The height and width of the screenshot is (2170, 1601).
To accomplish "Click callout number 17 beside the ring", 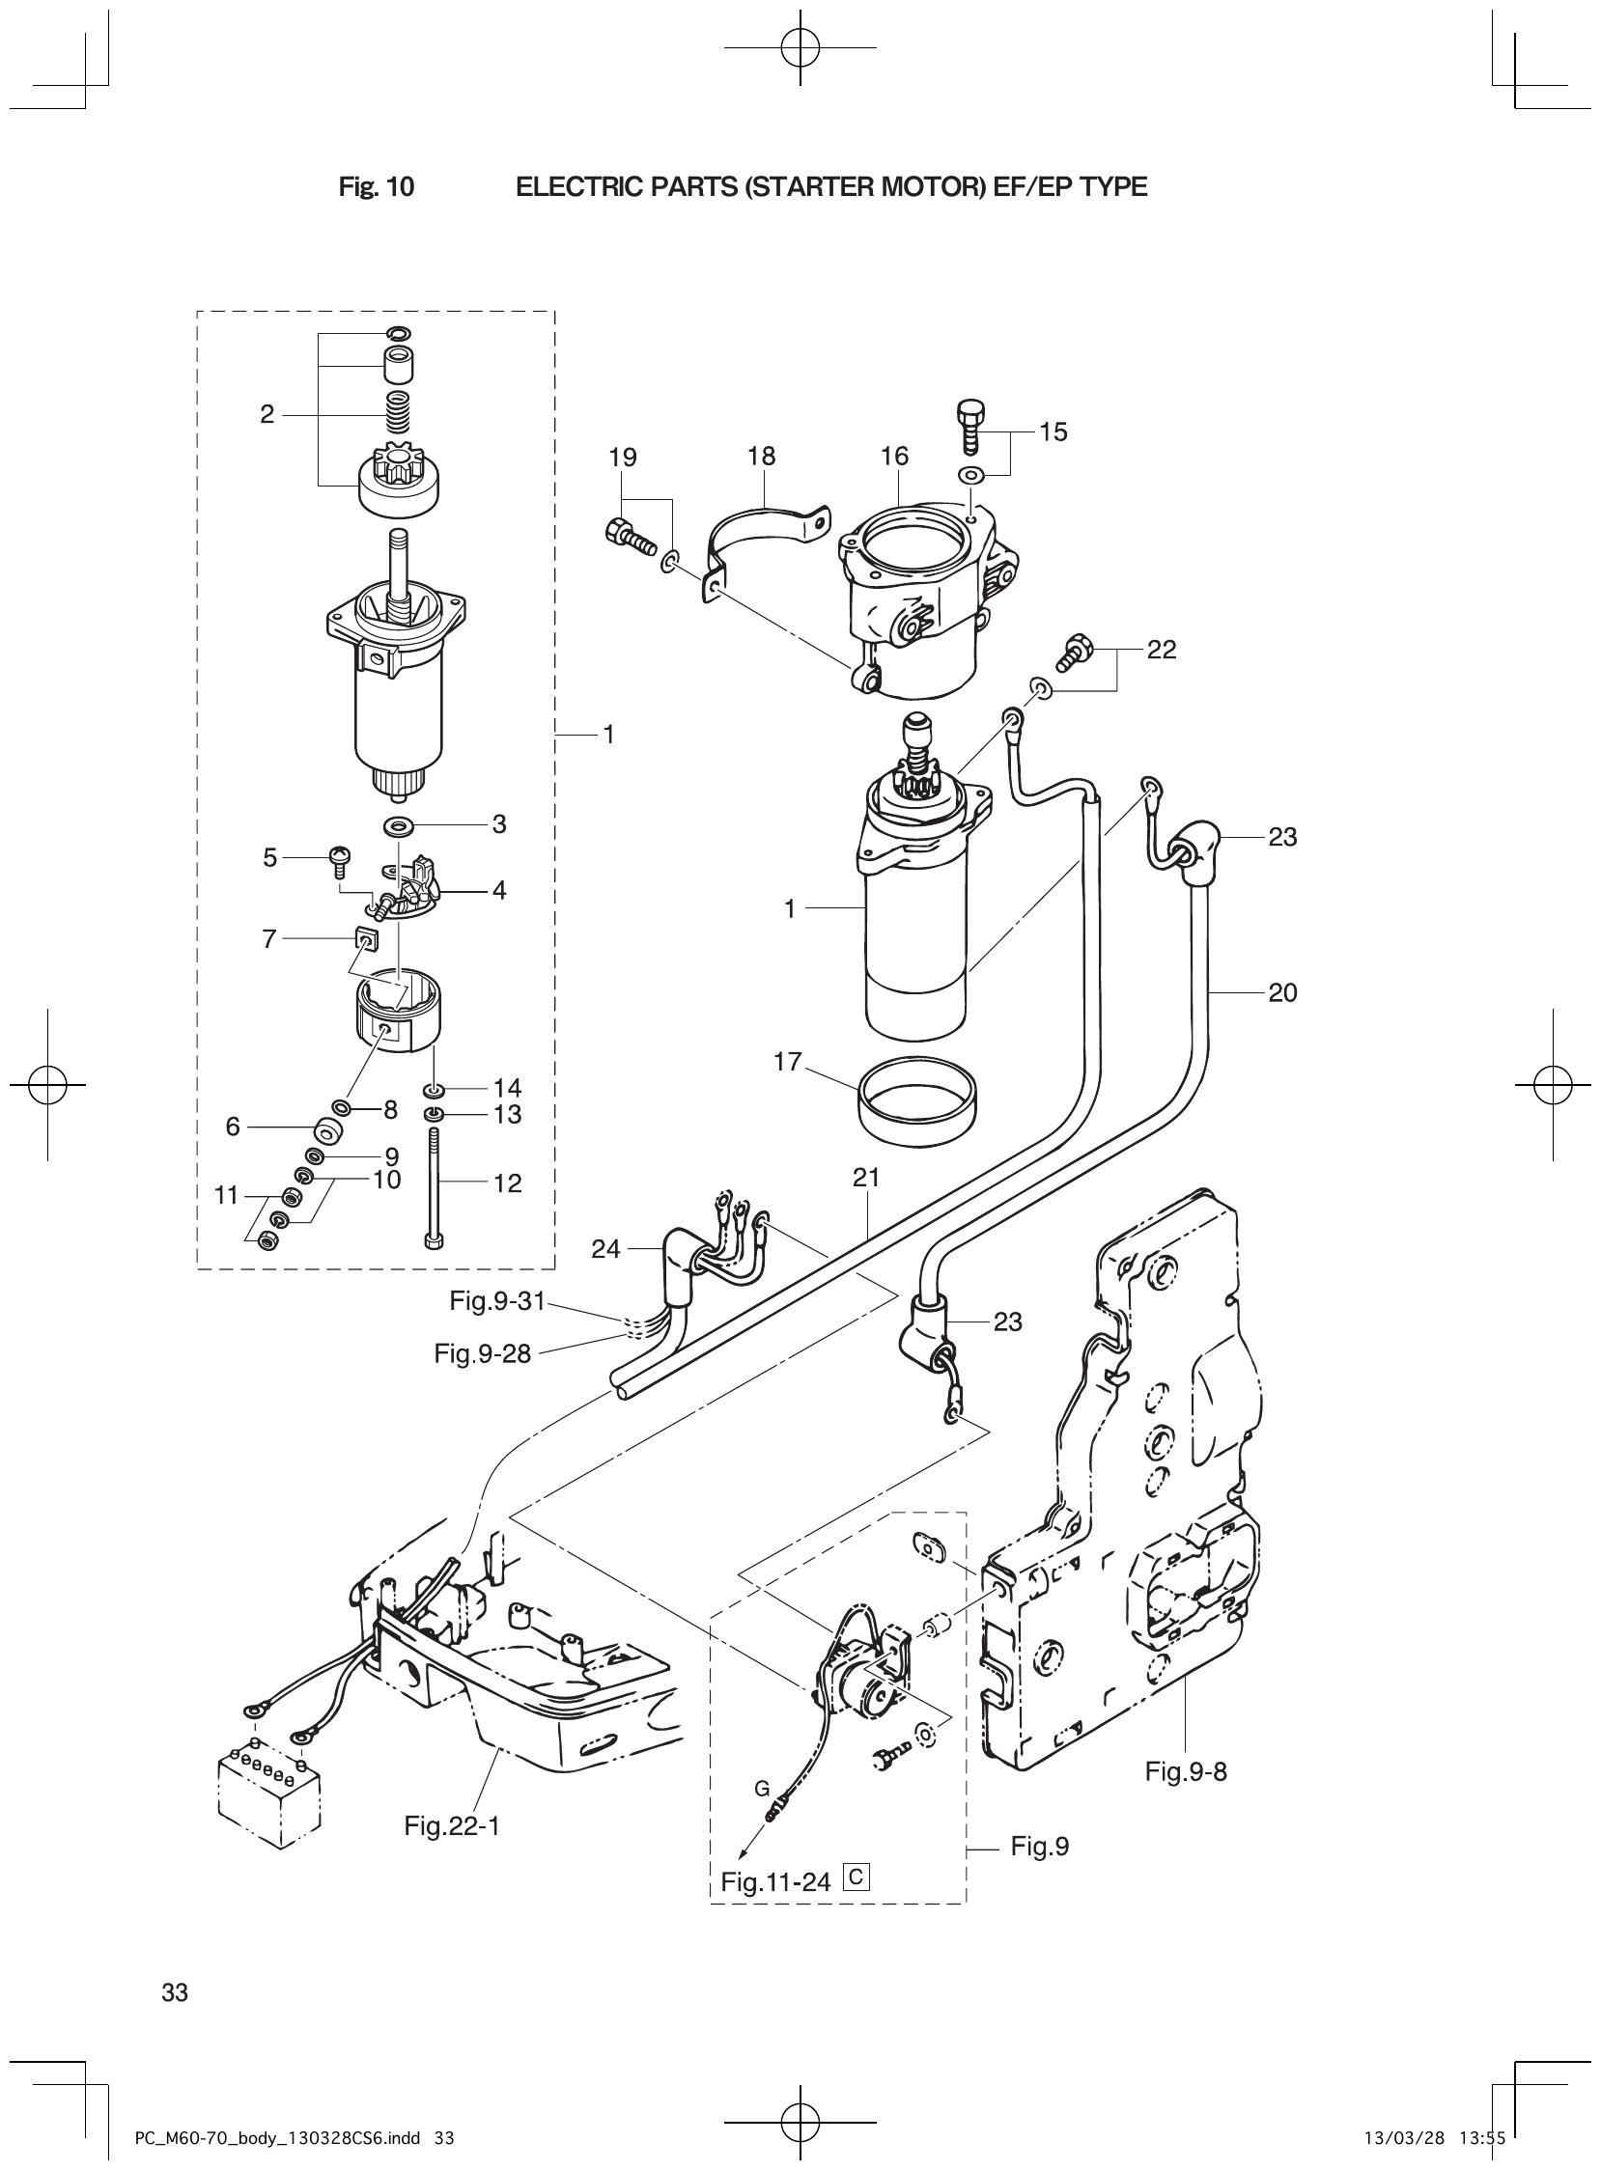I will (x=788, y=1062).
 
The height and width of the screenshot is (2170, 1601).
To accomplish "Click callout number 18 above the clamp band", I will (x=762, y=457).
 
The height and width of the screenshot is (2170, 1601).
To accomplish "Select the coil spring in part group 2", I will (x=398, y=414).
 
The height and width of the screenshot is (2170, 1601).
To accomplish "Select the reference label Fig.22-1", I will (x=452, y=1826).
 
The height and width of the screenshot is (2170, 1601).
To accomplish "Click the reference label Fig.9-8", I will (x=1185, y=1771).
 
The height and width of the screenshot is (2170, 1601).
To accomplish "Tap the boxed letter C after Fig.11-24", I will (x=857, y=1878).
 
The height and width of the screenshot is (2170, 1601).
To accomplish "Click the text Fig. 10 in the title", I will (x=376, y=187).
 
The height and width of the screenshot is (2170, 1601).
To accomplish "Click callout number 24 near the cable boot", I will (x=605, y=1250).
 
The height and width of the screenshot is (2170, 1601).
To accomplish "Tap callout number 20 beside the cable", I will (x=1282, y=992).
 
